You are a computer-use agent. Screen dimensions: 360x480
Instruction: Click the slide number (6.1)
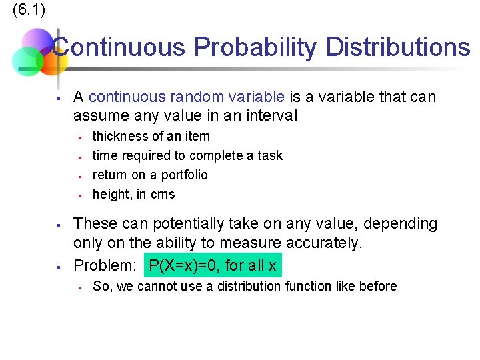[29, 11]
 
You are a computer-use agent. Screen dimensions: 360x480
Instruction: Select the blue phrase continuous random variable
[187, 97]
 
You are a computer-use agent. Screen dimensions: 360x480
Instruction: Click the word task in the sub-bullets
[270, 155]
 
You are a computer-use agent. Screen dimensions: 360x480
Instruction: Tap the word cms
[163, 194]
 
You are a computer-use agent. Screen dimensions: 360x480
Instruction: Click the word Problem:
[105, 265]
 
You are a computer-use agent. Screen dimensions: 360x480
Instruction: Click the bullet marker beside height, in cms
[79, 195]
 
